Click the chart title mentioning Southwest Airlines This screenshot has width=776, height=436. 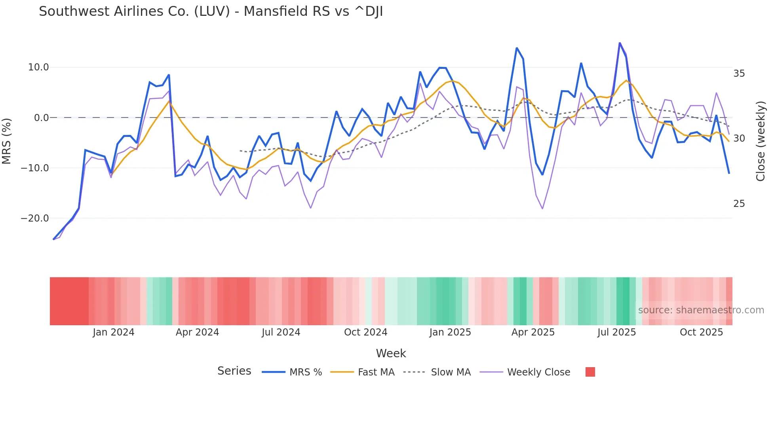click(211, 11)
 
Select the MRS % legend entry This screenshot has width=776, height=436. click(305, 372)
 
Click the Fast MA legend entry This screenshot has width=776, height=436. click(376, 372)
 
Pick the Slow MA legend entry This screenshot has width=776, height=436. click(450, 372)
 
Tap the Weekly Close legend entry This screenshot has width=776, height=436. click(538, 372)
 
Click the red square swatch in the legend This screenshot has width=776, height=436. click(590, 372)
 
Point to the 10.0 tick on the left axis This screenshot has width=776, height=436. click(38, 67)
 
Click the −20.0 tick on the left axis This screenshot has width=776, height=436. click(35, 218)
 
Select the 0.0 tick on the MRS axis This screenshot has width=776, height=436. click(41, 118)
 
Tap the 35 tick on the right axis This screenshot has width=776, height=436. click(739, 74)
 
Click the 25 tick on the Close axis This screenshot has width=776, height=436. click(739, 204)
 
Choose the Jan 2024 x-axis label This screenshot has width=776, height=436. click(114, 332)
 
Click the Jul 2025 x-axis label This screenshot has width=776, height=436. click(616, 332)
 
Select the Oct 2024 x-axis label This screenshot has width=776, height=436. click(365, 332)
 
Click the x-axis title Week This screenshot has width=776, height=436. click(391, 353)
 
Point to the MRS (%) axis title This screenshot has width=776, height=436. click(6, 141)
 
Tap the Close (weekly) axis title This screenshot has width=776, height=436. click(760, 141)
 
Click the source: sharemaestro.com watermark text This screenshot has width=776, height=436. click(701, 310)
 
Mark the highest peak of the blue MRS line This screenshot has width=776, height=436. click(620, 43)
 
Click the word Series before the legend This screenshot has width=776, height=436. click(234, 371)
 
